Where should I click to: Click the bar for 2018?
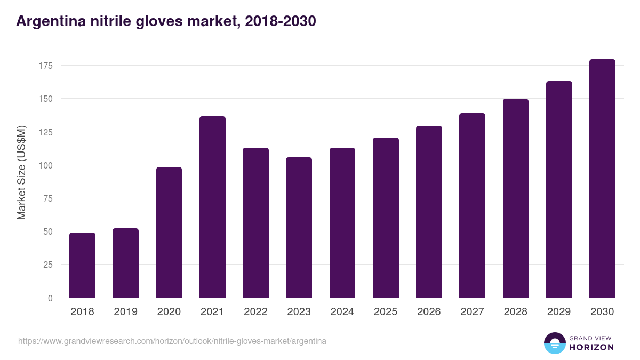82,265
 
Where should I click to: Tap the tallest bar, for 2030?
602,179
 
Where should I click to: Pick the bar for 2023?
299,228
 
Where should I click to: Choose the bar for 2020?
169,233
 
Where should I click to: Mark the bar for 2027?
472,205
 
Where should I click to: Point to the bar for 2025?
386,218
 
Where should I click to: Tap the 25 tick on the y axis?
48,265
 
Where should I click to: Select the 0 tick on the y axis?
50,298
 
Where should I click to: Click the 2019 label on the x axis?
125,312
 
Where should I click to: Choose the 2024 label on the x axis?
342,312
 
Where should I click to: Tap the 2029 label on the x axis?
559,312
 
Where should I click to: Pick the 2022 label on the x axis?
255,312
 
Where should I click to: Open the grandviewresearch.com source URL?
172,341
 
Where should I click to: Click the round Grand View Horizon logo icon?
554,343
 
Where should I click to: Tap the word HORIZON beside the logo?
591,347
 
